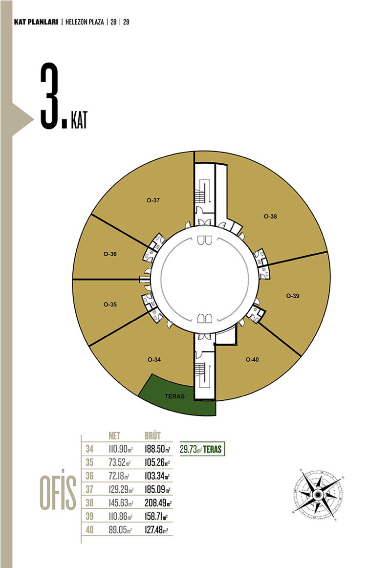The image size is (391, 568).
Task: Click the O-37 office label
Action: (x=153, y=200)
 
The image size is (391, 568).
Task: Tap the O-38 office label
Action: (x=270, y=216)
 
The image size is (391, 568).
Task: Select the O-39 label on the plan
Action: (x=293, y=296)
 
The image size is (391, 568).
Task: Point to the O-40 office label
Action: (x=252, y=359)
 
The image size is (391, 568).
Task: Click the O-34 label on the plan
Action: (x=154, y=359)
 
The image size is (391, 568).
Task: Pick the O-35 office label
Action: (x=110, y=304)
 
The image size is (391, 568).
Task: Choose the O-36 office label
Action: (x=110, y=254)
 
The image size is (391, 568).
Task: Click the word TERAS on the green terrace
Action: (x=174, y=396)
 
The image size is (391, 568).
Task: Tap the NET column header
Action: (x=114, y=436)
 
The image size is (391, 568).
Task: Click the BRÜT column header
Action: (x=152, y=436)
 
